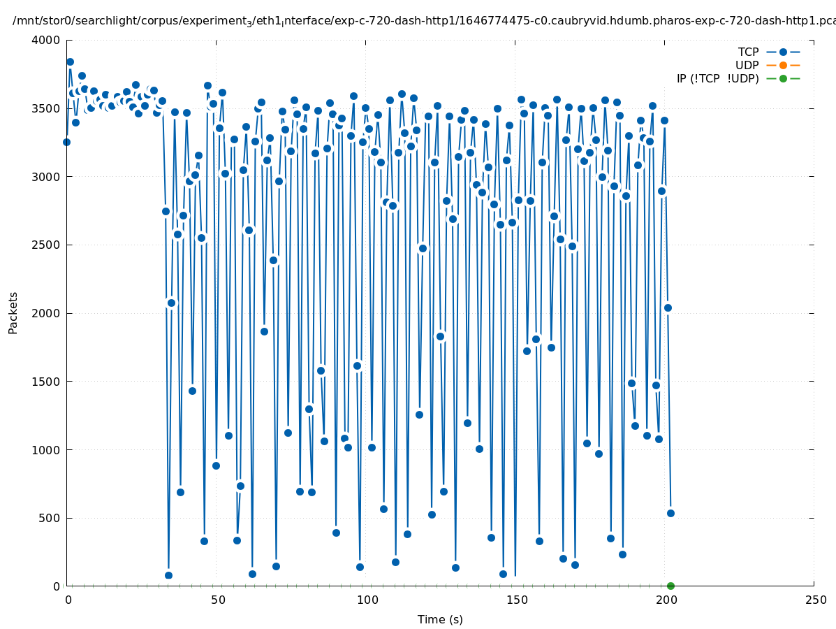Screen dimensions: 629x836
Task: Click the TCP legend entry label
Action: pyautogui.click(x=748, y=52)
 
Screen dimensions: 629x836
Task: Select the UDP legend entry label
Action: pyautogui.click(x=747, y=65)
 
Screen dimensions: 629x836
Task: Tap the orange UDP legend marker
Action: pyautogui.click(x=783, y=65)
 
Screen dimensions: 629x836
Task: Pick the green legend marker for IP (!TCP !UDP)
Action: pyautogui.click(x=783, y=78)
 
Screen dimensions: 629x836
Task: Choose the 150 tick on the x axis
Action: pyautogui.click(x=516, y=600)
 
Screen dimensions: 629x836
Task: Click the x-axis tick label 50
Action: pyautogui.click(x=218, y=600)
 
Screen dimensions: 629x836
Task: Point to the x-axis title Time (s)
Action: pyautogui.click(x=440, y=619)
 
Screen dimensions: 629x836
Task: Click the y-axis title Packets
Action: pyautogui.click(x=13, y=313)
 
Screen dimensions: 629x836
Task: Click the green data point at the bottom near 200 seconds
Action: pyautogui.click(x=670, y=586)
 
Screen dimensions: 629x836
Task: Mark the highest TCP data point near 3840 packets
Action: pyautogui.click(x=70, y=62)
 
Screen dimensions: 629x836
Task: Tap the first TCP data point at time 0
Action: pyautogui.click(x=66, y=142)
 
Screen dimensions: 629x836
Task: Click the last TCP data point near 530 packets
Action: pyautogui.click(x=670, y=513)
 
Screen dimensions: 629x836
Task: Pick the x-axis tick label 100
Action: pyautogui.click(x=367, y=600)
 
